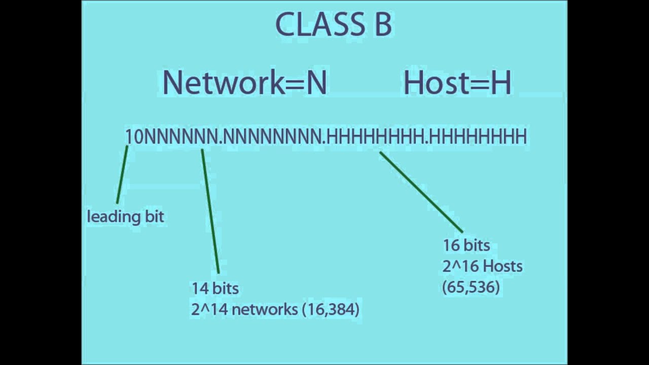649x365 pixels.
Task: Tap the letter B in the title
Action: (x=382, y=25)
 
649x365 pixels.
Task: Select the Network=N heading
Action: (x=244, y=83)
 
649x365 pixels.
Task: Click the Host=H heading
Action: (x=457, y=83)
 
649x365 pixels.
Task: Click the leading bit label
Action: (x=125, y=217)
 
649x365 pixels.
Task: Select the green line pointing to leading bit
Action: (x=122, y=174)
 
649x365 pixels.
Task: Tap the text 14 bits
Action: (x=215, y=288)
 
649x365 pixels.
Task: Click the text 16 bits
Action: (x=466, y=245)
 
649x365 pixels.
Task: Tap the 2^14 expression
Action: (x=209, y=309)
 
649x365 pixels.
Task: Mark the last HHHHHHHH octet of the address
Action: (x=479, y=137)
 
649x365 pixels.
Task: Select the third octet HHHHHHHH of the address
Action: (x=376, y=137)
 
